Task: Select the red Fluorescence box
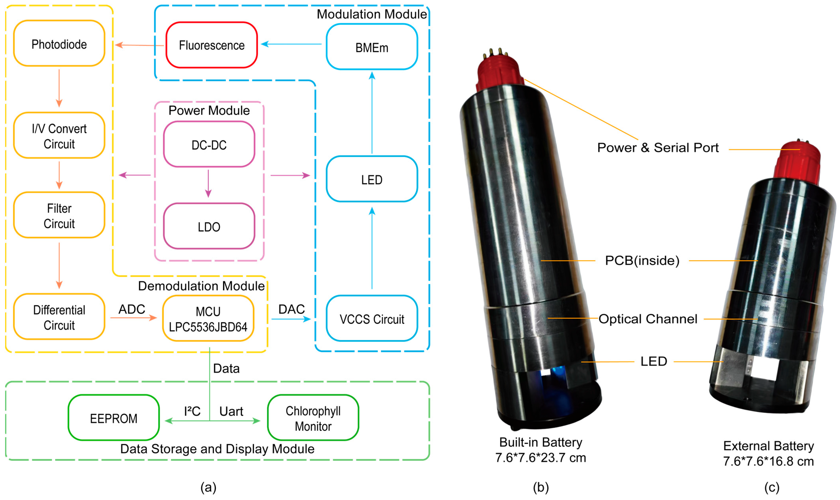pyautogui.click(x=211, y=45)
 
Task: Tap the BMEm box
pyautogui.click(x=372, y=47)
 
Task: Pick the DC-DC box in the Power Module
pyautogui.click(x=209, y=145)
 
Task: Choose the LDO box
pyautogui.click(x=209, y=226)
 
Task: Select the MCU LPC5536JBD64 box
pyautogui.click(x=208, y=319)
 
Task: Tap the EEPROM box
pyautogui.click(x=114, y=418)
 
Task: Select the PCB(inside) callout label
pyautogui.click(x=642, y=261)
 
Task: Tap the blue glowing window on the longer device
pyautogui.click(x=552, y=372)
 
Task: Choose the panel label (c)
pyautogui.click(x=771, y=487)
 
